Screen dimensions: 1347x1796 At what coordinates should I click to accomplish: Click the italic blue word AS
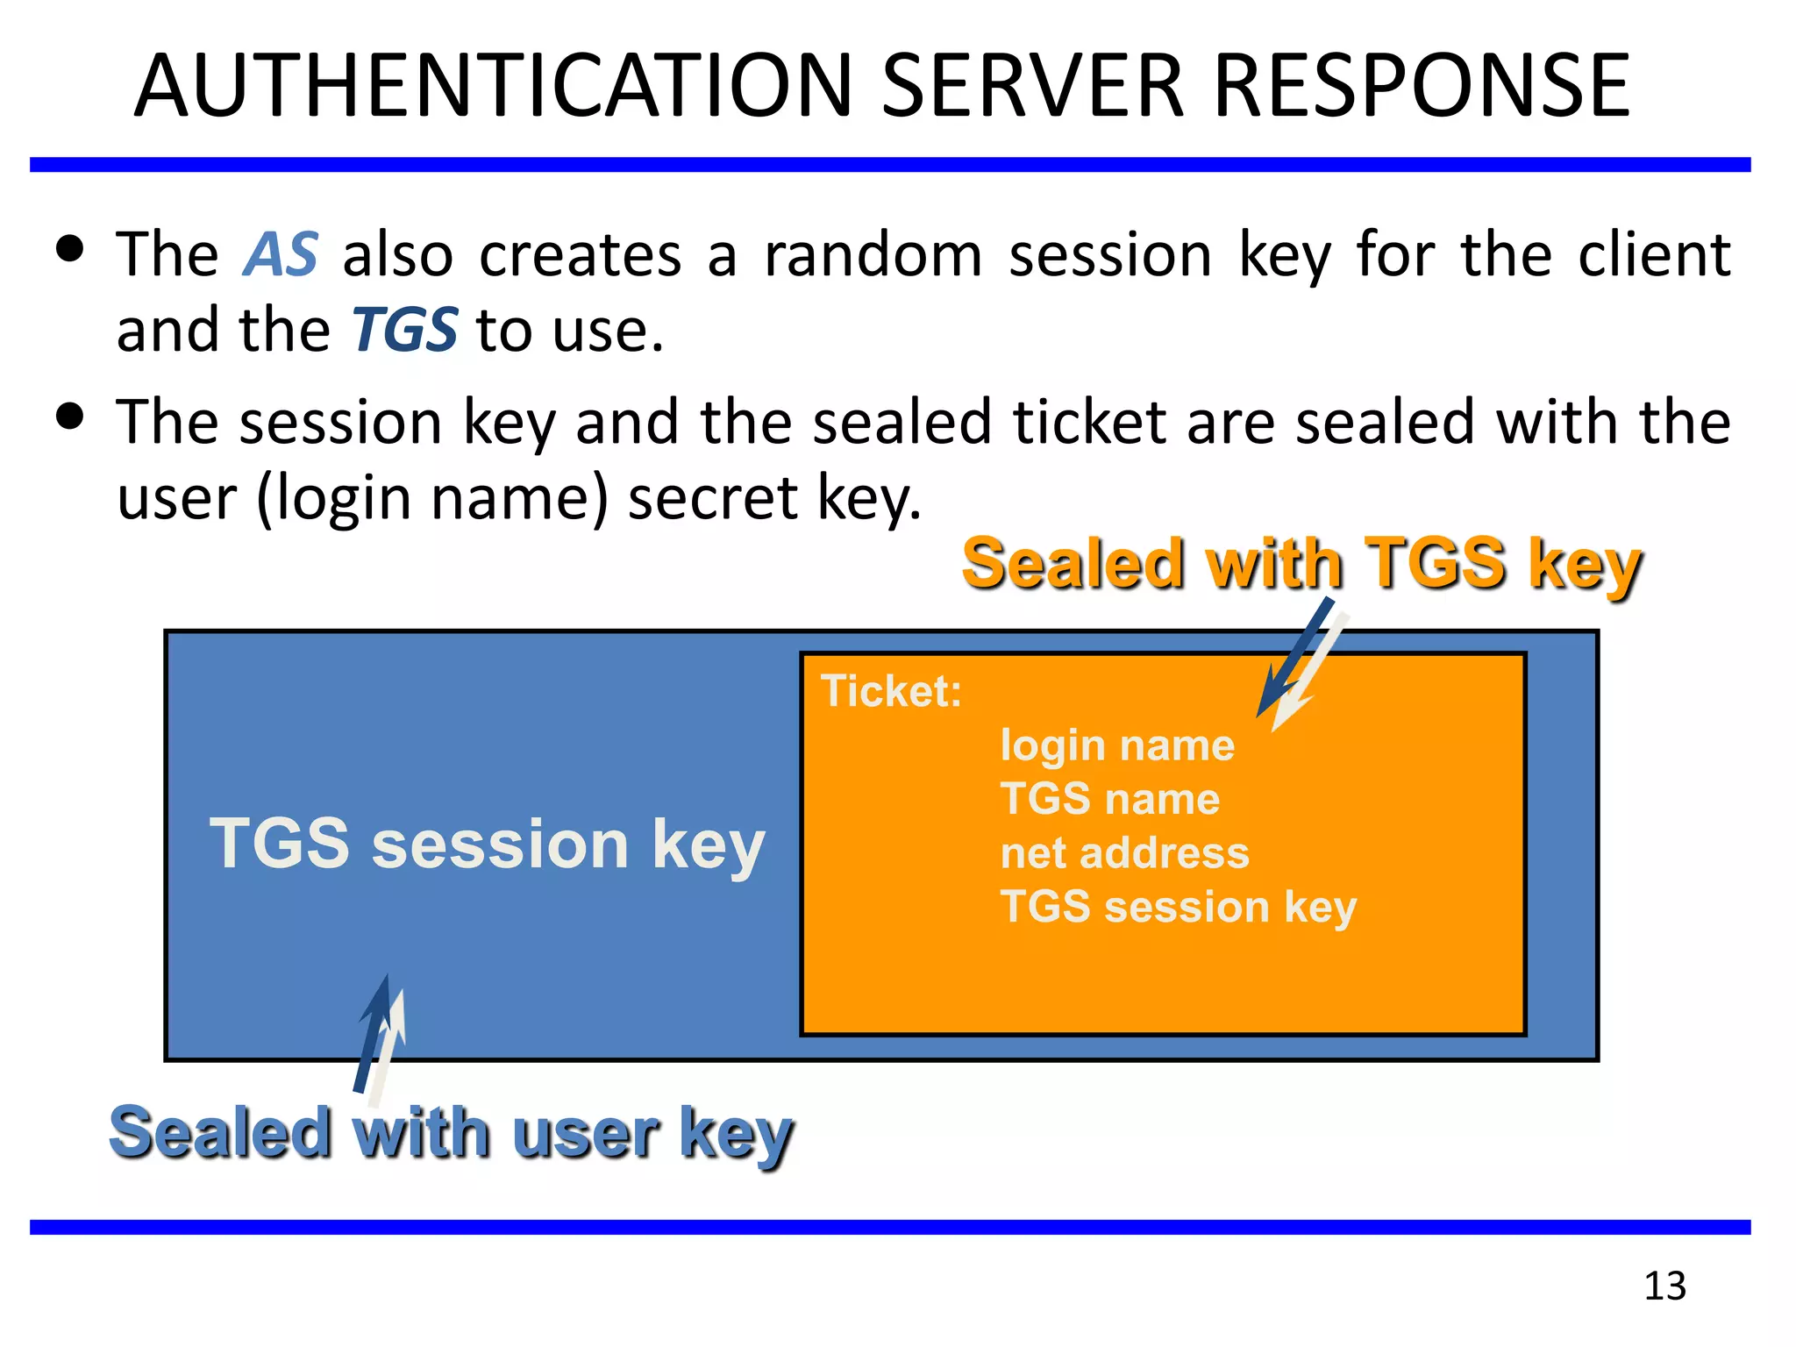[x=280, y=255]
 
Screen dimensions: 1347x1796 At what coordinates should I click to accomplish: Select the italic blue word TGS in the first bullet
[x=404, y=331]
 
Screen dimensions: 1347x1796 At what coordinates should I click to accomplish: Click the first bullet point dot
[x=69, y=248]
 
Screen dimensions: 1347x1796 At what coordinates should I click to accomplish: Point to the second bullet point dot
[x=69, y=415]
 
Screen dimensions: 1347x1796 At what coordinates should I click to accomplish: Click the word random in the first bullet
[x=873, y=255]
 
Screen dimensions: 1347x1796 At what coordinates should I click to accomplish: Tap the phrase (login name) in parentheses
[x=432, y=499]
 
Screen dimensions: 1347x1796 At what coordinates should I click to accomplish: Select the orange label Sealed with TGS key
[x=1301, y=564]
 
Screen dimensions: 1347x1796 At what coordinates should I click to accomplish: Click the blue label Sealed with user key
[x=451, y=1133]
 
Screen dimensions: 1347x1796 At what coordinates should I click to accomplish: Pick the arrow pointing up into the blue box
[x=379, y=1035]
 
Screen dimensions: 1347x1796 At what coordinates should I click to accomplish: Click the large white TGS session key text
[x=487, y=844]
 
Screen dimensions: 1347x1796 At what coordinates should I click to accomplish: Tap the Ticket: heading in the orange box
[x=891, y=691]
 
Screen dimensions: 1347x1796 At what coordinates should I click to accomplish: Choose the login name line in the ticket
[x=1117, y=745]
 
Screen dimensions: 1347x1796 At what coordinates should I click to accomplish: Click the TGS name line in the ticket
[x=1109, y=799]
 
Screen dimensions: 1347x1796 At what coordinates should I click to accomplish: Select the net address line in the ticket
[x=1124, y=852]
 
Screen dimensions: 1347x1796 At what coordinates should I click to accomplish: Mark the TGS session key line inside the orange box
[x=1178, y=907]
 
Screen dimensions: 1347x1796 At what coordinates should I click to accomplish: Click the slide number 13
[x=1664, y=1286]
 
